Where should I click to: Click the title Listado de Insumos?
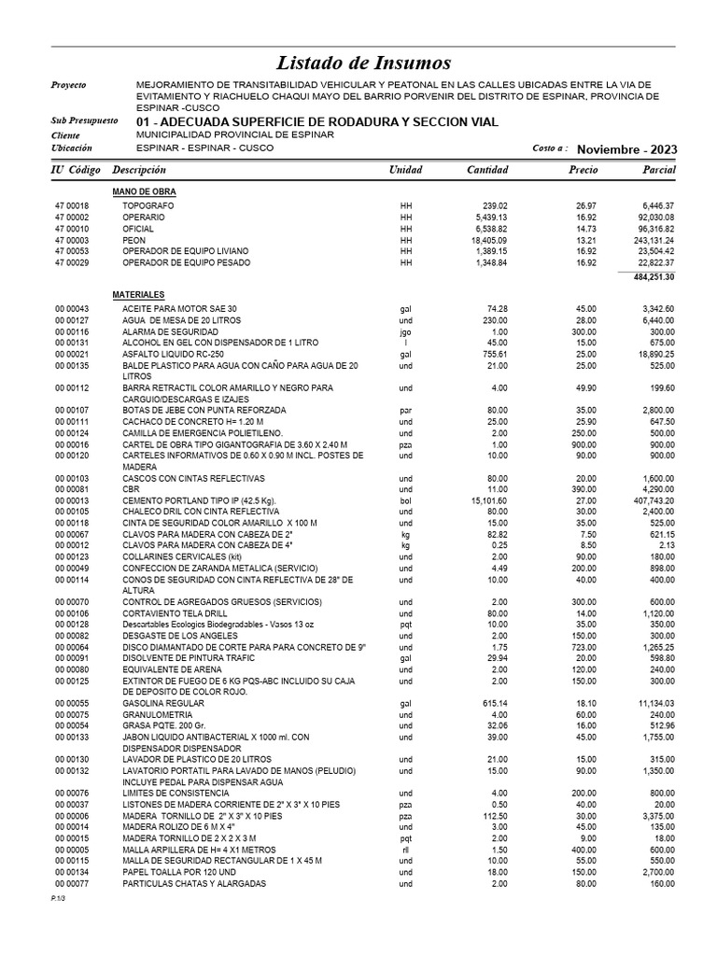coord(363,63)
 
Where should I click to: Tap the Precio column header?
coord(583,170)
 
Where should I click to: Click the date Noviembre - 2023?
coord(627,149)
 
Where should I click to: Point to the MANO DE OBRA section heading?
coord(144,191)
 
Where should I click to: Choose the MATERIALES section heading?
coord(138,294)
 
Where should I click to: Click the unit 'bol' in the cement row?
coord(405,501)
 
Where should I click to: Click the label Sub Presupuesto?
coord(84,121)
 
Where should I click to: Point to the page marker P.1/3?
coord(60,896)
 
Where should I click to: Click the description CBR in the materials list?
coord(131,489)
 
